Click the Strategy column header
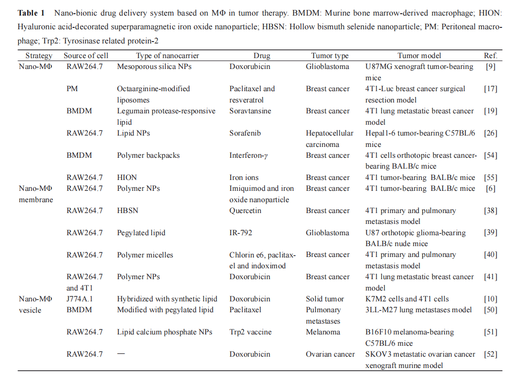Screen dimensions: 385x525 coord(39,56)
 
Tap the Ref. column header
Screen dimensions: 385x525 coord(491,56)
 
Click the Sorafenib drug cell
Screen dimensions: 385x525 coord(246,133)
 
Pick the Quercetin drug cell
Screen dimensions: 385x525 coord(246,211)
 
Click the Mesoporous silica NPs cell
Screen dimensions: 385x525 coord(155,67)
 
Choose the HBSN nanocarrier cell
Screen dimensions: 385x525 coord(127,211)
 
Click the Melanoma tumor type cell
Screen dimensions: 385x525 coord(323,332)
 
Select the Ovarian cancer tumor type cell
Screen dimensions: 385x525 coord(330,354)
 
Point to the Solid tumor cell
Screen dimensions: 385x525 coord(325,299)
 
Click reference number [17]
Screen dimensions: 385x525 coord(491,89)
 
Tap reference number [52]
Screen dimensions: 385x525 coord(491,354)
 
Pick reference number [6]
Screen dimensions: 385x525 coord(491,188)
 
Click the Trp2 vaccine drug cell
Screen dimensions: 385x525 coord(251,332)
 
